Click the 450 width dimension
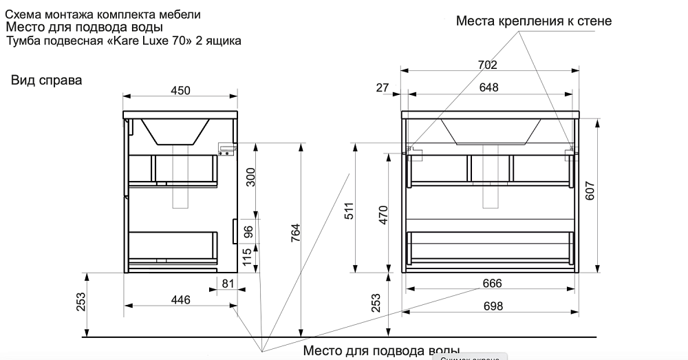click(180, 91)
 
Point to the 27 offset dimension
click(383, 87)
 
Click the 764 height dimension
click(294, 237)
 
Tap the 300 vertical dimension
click(250, 178)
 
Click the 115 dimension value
click(248, 259)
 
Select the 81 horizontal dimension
click(228, 284)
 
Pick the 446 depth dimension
click(180, 299)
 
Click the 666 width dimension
click(491, 284)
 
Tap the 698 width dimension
click(491, 306)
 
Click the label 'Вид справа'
click(46, 81)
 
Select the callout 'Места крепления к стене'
click(533, 21)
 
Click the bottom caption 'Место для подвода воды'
click(381, 352)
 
